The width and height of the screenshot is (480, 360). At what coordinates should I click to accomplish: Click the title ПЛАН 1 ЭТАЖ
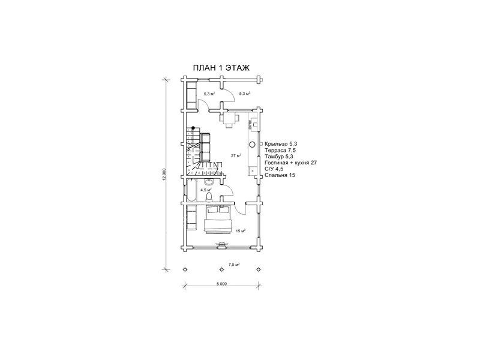(221, 68)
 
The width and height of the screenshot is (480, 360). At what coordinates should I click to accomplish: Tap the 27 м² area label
(236, 155)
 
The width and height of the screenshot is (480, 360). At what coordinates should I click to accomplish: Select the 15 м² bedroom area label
(241, 231)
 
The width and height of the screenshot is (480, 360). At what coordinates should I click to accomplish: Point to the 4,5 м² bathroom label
(206, 190)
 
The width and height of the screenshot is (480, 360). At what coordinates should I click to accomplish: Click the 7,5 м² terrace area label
(234, 265)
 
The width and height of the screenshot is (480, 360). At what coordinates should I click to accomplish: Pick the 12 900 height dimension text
(164, 175)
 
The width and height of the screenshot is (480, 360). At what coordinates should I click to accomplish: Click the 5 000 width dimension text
(221, 284)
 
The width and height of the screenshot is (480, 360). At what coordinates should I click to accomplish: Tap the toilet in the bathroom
(209, 197)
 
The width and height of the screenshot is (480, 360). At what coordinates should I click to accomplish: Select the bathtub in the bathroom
(191, 190)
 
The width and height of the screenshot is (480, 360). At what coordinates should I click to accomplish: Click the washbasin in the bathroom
(209, 182)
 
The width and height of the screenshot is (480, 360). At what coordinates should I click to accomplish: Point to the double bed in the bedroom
(218, 220)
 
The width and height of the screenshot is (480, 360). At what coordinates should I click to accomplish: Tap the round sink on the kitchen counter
(252, 144)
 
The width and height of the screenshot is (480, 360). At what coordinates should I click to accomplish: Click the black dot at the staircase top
(193, 128)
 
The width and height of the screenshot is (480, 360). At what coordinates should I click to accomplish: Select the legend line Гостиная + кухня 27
(291, 163)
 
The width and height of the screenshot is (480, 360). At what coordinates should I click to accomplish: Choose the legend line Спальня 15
(280, 175)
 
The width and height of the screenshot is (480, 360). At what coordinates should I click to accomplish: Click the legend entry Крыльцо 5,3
(281, 144)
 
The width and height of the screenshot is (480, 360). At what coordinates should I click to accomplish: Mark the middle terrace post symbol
(221, 269)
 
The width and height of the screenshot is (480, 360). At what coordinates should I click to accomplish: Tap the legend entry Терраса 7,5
(280, 151)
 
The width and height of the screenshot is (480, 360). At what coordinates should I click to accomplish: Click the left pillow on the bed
(212, 210)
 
